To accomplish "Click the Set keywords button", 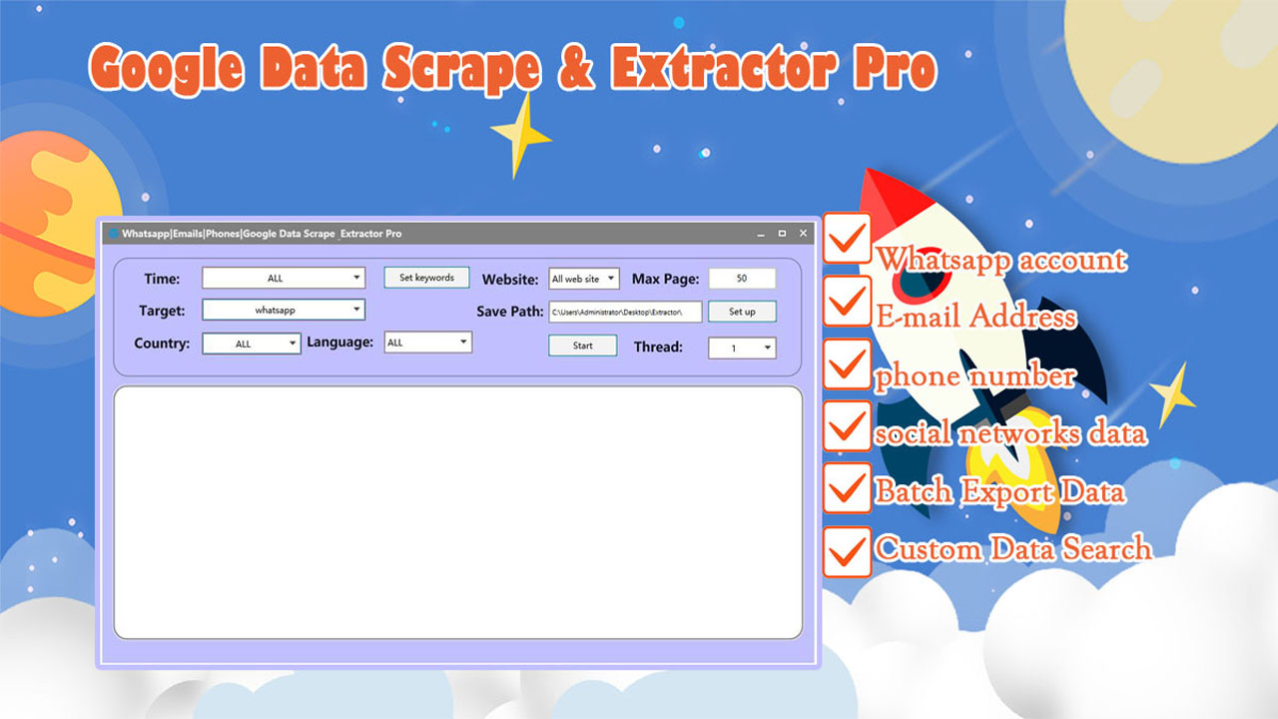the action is click(426, 278).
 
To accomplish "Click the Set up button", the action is click(742, 312).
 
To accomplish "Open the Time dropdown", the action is click(284, 278).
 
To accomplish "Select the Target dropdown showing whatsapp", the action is click(284, 310).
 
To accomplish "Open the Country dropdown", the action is click(252, 344).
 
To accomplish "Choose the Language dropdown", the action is click(428, 343).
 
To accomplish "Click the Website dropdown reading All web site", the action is click(584, 279).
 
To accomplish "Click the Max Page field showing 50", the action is click(742, 278).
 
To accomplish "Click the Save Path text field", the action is click(625, 313).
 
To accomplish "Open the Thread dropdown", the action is click(742, 348).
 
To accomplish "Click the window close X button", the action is click(803, 234).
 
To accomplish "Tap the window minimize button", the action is click(761, 234).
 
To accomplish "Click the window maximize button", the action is click(782, 234).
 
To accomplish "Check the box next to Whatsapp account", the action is click(847, 239).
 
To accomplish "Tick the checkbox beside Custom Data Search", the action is click(847, 552).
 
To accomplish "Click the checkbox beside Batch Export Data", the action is click(847, 488).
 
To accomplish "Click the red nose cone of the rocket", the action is click(889, 200).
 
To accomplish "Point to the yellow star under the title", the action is click(520, 136).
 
